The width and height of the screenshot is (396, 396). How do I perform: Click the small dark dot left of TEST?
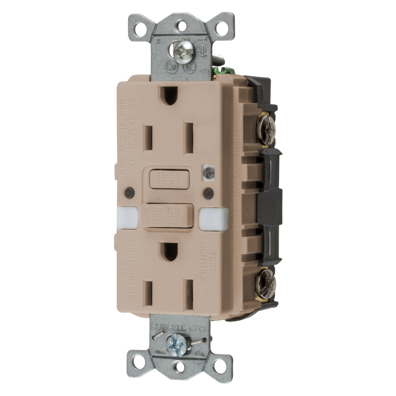click(x=129, y=191)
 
